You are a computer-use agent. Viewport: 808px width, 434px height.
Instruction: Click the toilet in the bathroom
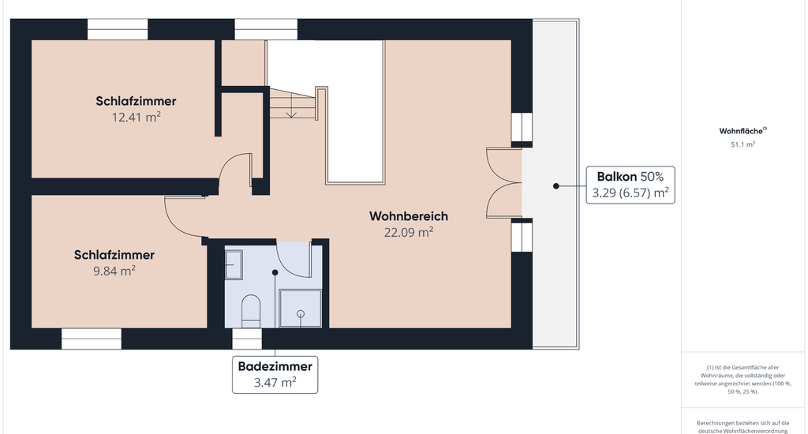[x=251, y=311]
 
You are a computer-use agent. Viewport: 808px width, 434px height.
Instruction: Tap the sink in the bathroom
[x=234, y=264]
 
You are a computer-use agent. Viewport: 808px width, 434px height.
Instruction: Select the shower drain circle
[x=301, y=313]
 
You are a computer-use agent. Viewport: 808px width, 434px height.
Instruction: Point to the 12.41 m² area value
[x=136, y=117]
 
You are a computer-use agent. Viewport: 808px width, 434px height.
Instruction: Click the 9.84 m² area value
[x=114, y=271]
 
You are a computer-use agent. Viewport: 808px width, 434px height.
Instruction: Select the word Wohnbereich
[x=409, y=216]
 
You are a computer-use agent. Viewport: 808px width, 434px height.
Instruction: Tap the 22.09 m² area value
[x=409, y=232]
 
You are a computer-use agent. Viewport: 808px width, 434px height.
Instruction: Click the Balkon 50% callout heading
[x=630, y=176]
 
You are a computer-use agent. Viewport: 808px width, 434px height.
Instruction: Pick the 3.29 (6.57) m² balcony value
[x=630, y=193]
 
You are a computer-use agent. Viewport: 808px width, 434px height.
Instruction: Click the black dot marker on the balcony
[x=556, y=186]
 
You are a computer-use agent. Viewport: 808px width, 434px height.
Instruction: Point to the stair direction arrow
[x=291, y=108]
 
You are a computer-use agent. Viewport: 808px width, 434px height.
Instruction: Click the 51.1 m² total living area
[x=743, y=144]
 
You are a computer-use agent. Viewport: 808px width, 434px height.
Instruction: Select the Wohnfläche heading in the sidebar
[x=743, y=131]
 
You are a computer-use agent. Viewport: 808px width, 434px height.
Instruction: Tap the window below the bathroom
[x=247, y=339]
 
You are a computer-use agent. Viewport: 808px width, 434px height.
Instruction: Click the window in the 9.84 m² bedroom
[x=92, y=339]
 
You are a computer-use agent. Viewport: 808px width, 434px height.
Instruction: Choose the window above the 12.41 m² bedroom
[x=118, y=29]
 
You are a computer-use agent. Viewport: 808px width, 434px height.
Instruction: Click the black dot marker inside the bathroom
[x=275, y=272]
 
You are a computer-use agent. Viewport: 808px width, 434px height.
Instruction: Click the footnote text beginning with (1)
[x=743, y=380]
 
